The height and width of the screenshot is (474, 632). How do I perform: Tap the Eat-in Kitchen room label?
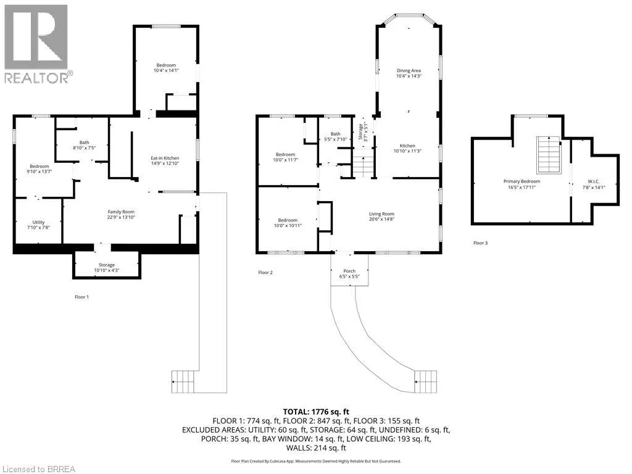point(165,159)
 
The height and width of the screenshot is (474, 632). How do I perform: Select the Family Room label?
point(121,212)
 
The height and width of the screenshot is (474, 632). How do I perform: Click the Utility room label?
point(39,222)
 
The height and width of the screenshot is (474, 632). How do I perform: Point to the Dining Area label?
point(409,70)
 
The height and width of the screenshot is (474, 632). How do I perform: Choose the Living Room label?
point(381,214)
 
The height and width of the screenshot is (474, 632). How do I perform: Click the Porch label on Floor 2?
point(349,272)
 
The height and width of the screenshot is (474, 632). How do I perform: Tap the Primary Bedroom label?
point(522,181)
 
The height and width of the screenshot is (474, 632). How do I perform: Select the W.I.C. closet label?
point(594,182)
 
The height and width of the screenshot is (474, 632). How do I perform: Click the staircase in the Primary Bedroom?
point(549,155)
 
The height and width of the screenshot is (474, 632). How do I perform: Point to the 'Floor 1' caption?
point(81,297)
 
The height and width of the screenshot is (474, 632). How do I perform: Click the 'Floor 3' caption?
point(480,243)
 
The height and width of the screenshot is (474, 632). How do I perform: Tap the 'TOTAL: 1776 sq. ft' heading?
point(316,412)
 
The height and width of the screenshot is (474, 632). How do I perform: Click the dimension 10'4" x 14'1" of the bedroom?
point(166,70)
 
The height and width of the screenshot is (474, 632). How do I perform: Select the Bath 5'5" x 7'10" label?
point(335,136)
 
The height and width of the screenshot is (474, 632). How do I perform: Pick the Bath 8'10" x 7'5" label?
point(84,145)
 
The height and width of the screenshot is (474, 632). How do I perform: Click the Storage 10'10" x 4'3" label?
point(107,268)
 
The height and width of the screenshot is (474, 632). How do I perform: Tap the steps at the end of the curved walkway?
point(426,381)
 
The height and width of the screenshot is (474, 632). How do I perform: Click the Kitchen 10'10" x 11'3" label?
point(407,148)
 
